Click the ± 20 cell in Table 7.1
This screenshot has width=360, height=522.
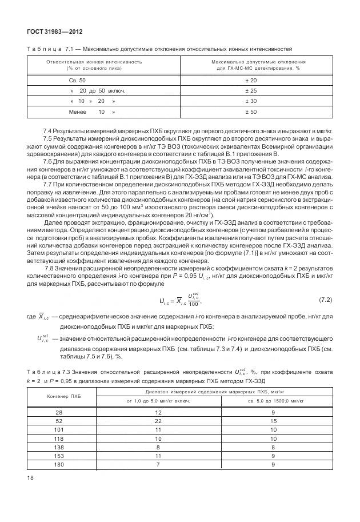pyautogui.click(x=251, y=81)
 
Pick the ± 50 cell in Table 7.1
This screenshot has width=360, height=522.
pyautogui.click(x=251, y=111)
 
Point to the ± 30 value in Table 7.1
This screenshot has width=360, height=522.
pyautogui.click(x=251, y=101)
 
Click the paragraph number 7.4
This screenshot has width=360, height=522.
pyautogui.click(x=49, y=132)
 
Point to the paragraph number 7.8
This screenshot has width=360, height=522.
pyautogui.click(x=49, y=268)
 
